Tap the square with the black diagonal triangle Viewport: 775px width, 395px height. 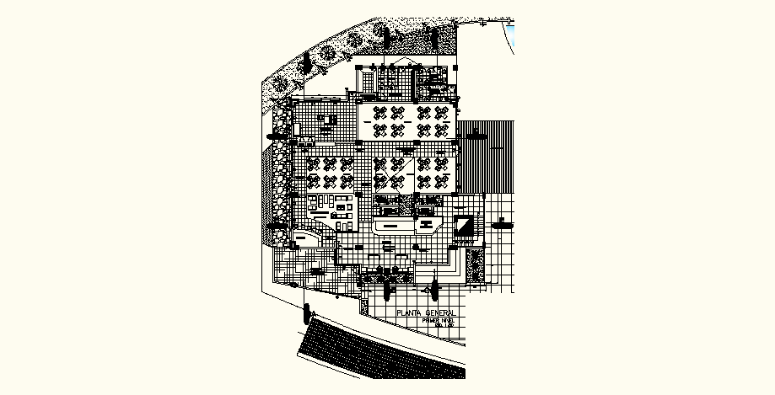pyautogui.click(x=465, y=226)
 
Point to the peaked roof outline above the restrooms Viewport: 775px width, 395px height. pyautogui.click(x=405, y=66)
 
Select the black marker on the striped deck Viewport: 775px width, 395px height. pyautogui.click(x=476, y=132)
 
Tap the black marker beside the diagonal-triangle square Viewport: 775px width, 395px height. pyautogui.click(x=503, y=224)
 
